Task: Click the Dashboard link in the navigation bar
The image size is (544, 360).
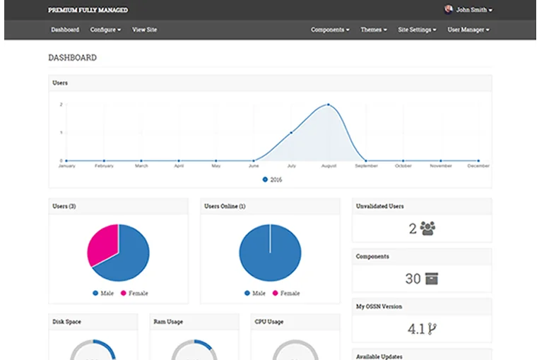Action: pos(65,30)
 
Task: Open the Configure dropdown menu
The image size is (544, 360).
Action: pos(105,30)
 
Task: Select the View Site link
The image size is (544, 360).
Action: pos(144,30)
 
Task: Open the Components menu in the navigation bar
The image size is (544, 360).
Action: pos(330,30)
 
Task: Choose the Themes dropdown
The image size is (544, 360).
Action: pos(374,30)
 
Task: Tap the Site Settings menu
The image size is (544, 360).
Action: pos(417,30)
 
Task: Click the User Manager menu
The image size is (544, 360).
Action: pos(468,30)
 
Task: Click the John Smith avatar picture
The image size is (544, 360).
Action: pos(449,10)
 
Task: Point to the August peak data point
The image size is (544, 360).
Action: pos(329,104)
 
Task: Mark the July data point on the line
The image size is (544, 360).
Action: pos(291,133)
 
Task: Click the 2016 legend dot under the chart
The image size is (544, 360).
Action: pos(265,179)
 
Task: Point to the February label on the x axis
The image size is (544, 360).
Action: pos(104,166)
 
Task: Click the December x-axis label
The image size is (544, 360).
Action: pos(478,166)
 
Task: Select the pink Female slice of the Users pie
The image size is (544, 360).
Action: pos(103,244)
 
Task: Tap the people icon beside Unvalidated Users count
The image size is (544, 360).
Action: pos(427,228)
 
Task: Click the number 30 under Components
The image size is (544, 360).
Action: pos(413,279)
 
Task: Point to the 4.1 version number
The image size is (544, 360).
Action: pos(415,328)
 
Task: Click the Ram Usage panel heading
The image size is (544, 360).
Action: pos(168,322)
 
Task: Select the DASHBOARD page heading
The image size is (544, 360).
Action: pos(72,57)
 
